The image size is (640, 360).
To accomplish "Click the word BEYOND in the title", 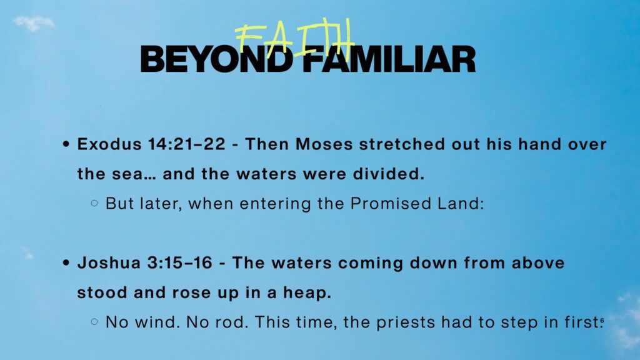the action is click(x=216, y=59).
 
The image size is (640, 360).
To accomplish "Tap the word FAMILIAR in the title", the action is click(x=390, y=59).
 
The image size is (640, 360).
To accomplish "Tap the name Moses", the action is click(x=324, y=144).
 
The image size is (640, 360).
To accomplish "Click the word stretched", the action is click(x=402, y=144).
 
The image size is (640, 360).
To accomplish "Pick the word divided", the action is click(x=389, y=174).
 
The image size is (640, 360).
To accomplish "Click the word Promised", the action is click(x=391, y=203).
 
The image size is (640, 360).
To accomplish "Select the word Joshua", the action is click(x=109, y=263).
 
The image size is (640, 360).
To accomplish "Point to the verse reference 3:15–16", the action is click(x=180, y=263).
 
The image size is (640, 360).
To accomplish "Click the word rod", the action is click(x=232, y=322).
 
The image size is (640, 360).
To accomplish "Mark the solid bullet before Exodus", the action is click(x=66, y=144).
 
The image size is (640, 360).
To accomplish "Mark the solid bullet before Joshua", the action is click(x=66, y=263).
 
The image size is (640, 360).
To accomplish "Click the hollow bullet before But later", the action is click(x=94, y=203).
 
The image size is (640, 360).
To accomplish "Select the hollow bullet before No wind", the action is click(x=94, y=322).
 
